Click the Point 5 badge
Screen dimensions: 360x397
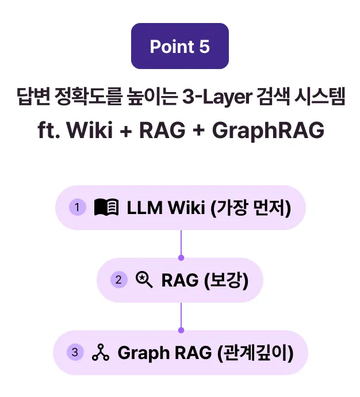point(180,46)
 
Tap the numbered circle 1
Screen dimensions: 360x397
point(78,207)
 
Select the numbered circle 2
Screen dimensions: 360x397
point(119,280)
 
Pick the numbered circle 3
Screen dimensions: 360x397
point(75,352)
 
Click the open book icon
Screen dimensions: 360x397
point(106,207)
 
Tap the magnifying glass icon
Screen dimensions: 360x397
point(144,280)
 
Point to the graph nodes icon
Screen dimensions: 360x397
point(101,352)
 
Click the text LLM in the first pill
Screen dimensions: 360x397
point(144,208)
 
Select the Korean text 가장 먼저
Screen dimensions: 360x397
point(251,208)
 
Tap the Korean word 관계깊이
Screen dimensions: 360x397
point(255,353)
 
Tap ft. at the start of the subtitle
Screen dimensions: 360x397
point(49,130)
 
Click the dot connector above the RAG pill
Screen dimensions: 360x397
point(181,258)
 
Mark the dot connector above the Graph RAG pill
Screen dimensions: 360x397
point(181,330)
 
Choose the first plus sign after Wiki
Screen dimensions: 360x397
point(126,131)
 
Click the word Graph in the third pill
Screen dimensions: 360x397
point(143,353)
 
